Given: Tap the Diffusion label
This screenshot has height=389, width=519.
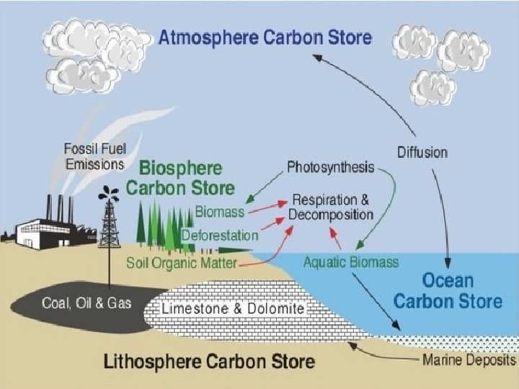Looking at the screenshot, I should coord(422,152).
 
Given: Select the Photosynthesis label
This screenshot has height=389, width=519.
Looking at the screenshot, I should coord(330,167).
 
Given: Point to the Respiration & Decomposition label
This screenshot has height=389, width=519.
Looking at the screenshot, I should coord(331,207).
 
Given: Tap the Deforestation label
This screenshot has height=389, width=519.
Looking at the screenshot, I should coord(220,235).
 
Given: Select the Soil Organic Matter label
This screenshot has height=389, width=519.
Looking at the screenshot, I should coord(181,263).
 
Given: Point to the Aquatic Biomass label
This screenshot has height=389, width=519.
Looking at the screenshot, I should coord(350,262).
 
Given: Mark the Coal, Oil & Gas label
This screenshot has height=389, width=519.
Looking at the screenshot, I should coord(86,303).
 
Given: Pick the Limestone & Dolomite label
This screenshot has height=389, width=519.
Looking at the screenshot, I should coord(234,309).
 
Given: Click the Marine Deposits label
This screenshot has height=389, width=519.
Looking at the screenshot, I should coord(468,359).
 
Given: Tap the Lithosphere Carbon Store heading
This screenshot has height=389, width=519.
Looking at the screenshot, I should coord(210,360).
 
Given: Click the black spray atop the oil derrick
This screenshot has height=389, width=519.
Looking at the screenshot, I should coord(110,193).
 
